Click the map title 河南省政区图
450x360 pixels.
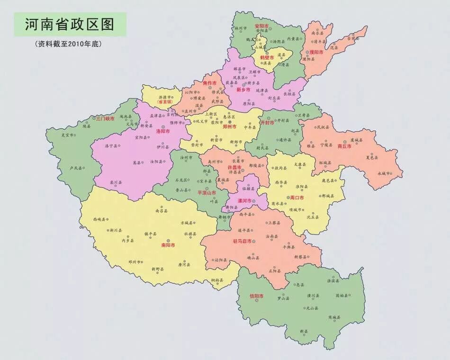tap(70, 23)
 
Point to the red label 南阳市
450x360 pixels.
tap(168, 245)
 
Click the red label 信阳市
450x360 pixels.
tap(256, 296)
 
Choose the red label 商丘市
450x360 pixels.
tap(344, 146)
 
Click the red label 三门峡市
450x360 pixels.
tap(105, 118)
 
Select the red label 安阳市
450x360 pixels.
tap(261, 25)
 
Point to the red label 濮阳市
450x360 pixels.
tap(316, 52)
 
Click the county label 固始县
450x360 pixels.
tap(342, 296)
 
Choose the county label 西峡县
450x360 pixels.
tap(100, 220)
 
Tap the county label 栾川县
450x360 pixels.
tap(116, 182)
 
